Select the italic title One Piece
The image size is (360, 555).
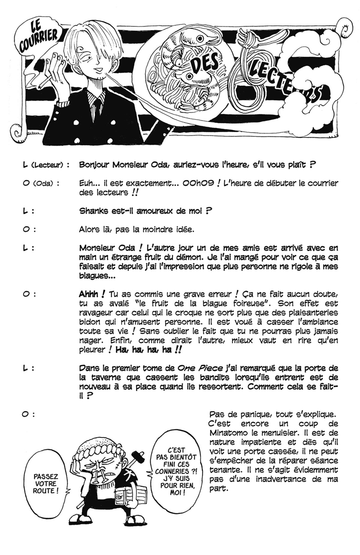click(196, 368)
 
